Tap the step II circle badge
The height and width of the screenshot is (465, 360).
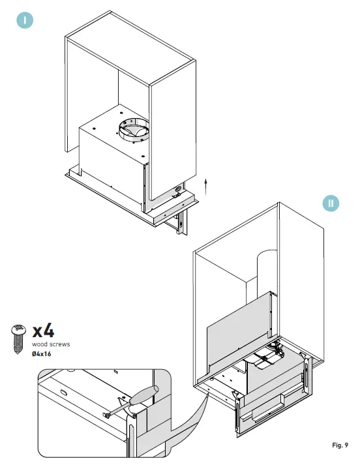pos(331,203)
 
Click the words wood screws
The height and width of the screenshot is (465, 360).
pos(50,344)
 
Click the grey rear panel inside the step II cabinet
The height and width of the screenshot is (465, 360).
pos(238,326)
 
